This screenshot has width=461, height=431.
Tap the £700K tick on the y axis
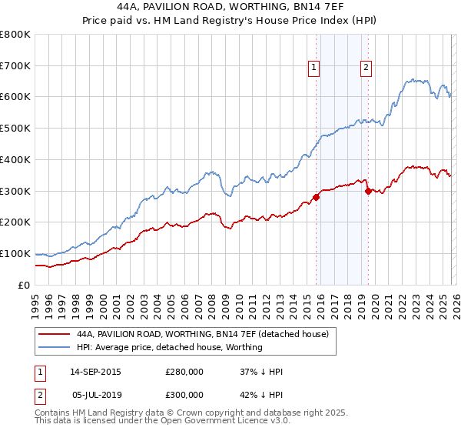click(x=15, y=65)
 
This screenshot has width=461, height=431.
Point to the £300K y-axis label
click(x=15, y=191)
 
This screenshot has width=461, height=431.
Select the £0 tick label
click(x=23, y=285)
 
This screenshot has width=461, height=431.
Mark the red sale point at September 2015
click(x=316, y=196)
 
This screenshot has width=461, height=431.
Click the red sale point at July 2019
click(x=368, y=190)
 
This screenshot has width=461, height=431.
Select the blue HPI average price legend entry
click(x=170, y=347)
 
